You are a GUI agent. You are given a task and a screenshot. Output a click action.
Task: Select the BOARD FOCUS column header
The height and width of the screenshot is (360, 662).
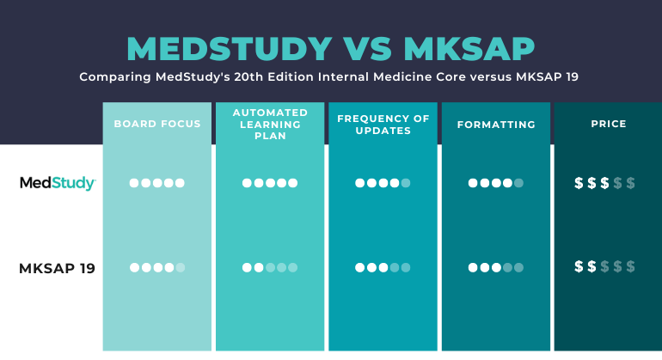point(157,124)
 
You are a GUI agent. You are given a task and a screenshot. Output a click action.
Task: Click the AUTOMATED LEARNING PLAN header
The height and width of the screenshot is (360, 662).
point(270,124)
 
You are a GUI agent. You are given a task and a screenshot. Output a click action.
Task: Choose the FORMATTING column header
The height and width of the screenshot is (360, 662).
point(496,125)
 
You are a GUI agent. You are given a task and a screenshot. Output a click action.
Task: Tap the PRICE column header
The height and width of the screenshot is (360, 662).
point(609,124)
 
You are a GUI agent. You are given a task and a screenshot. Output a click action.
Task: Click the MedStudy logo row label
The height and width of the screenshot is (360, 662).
point(58,183)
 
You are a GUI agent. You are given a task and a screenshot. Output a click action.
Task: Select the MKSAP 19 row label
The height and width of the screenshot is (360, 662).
point(57,268)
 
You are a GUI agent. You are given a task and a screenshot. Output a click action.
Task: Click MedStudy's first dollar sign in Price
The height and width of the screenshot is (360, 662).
point(579,183)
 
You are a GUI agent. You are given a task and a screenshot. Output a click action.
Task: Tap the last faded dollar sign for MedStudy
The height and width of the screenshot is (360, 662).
point(630,183)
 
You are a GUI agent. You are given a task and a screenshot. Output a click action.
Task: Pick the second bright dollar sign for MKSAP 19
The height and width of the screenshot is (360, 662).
point(592,267)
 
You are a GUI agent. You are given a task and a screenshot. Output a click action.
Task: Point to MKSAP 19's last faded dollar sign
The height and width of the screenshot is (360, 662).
point(630,267)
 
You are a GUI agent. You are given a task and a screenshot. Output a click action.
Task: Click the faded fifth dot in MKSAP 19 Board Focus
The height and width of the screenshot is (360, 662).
point(180,268)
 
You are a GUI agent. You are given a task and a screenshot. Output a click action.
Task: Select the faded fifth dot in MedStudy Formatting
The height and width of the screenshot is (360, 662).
point(518,183)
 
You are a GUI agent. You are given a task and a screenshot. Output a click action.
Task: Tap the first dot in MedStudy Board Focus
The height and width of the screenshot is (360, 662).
point(135,183)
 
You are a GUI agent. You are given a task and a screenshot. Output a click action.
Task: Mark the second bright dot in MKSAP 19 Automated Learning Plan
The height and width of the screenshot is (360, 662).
point(259,268)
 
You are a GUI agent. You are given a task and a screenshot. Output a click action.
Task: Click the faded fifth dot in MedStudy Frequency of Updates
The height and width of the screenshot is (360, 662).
point(405,183)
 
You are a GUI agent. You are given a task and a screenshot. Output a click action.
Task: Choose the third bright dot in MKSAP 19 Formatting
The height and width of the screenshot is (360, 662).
point(496,268)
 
